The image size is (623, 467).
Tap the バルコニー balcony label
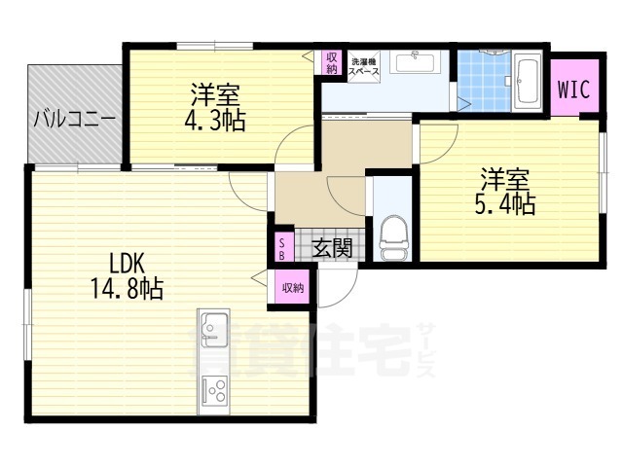[x=76, y=121]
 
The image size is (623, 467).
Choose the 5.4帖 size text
[x=506, y=203]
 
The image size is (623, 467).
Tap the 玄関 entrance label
[x=331, y=248]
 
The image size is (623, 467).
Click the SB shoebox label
[x=281, y=248]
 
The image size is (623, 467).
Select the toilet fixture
[x=393, y=237]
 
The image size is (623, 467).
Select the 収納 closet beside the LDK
[x=292, y=287]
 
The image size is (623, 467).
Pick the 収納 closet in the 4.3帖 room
[x=332, y=62]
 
